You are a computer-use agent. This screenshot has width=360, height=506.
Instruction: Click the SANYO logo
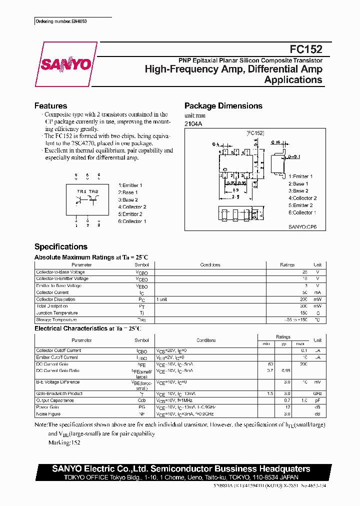[65, 64]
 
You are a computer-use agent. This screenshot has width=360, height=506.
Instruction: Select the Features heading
[50, 106]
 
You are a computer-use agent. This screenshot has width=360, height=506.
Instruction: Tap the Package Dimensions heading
[223, 106]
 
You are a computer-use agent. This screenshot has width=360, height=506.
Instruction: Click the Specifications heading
[60, 246]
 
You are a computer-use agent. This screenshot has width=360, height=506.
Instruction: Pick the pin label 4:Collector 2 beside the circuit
[132, 207]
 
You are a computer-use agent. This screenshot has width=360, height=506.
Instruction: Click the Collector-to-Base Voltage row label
[60, 272]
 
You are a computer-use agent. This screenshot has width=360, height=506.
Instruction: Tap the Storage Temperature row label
[56, 319]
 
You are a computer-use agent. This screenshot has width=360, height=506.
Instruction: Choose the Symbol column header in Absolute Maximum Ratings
[141, 265]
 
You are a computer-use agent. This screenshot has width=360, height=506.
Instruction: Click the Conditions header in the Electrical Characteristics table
[206, 340]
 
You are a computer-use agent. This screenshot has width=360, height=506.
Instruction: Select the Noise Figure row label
[48, 414]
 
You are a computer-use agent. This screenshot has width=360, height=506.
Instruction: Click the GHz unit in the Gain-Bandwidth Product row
[317, 394]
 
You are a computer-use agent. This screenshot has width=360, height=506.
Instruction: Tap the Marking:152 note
[64, 442]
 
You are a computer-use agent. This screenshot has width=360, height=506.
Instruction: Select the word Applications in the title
[293, 80]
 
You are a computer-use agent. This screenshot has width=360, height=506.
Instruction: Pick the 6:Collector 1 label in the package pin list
[302, 212]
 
